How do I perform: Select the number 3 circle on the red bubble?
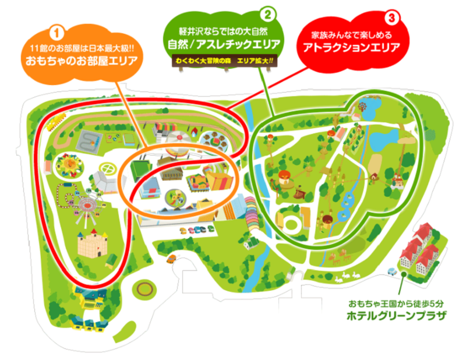click(391, 17)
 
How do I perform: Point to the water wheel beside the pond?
click(362, 108)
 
